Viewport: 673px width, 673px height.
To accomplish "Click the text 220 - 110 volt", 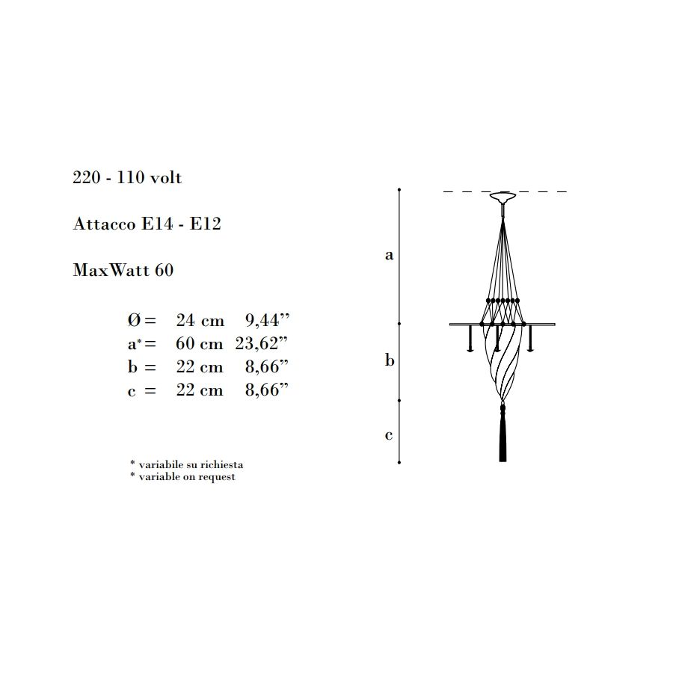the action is coord(127,177).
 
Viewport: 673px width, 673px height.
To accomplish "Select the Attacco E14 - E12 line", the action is coord(147,224).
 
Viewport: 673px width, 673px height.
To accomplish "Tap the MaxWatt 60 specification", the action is coord(123,270).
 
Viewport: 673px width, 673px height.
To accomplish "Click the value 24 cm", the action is coord(200,320).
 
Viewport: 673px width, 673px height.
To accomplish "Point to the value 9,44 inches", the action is coord(268,320).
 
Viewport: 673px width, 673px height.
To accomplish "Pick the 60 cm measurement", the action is coord(200,343).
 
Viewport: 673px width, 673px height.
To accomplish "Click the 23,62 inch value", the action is coord(262,343).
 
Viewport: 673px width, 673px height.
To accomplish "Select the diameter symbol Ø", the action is coord(135,320).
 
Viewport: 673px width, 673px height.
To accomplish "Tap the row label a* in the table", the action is coord(135,344).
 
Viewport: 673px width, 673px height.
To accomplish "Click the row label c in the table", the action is coord(132,391).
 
